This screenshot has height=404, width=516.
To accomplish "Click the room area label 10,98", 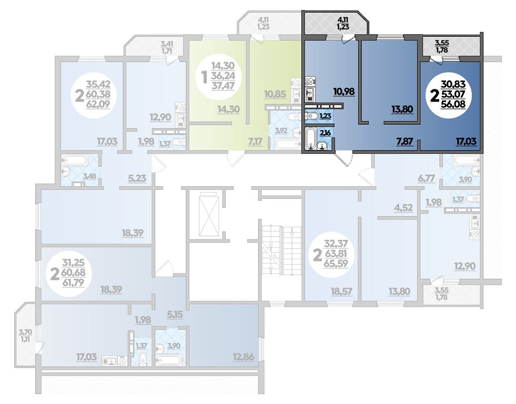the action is click(x=344, y=91).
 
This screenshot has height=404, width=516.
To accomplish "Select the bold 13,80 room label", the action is click(x=402, y=109).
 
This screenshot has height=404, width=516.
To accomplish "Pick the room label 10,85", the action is click(x=275, y=94).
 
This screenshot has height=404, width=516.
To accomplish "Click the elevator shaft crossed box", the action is click(x=209, y=214).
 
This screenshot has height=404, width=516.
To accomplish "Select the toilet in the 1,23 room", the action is click(x=311, y=116).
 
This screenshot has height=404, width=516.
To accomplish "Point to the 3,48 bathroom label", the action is click(x=89, y=176).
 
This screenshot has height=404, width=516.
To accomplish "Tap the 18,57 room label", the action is click(x=341, y=291).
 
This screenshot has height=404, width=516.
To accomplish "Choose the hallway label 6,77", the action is click(x=426, y=178).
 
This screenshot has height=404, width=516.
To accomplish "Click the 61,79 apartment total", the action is click(x=74, y=282).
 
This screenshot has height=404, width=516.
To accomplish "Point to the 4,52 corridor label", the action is click(x=403, y=207).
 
